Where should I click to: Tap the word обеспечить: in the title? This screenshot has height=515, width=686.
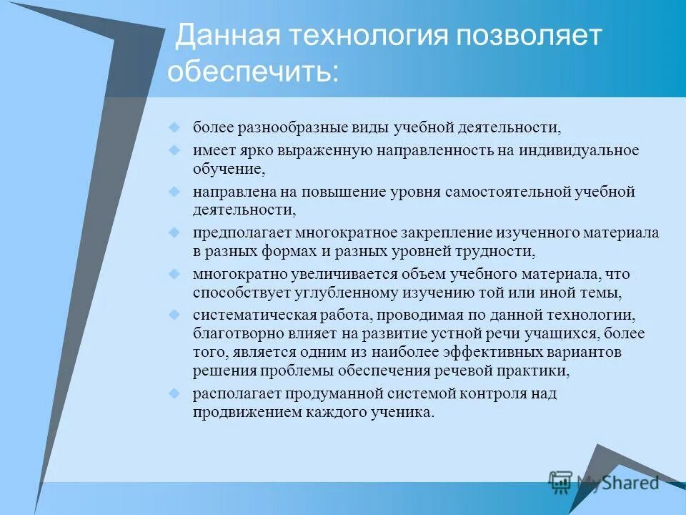(254, 72)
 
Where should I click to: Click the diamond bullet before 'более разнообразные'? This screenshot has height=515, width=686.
(174, 127)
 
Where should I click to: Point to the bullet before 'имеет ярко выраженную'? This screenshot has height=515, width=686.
(174, 150)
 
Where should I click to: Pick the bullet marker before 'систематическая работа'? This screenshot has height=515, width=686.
(174, 315)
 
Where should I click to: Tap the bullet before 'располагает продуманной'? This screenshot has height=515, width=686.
(174, 393)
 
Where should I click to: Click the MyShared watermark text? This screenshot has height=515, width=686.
(617, 483)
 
